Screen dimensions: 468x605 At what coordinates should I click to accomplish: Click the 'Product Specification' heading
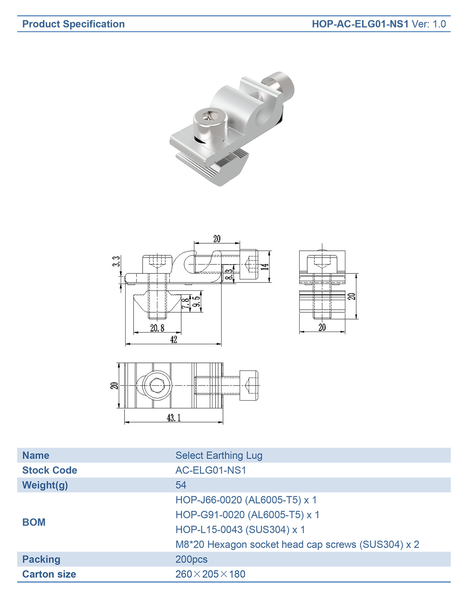coord(73,24)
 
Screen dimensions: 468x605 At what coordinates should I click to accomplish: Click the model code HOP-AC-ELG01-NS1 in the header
coord(360,24)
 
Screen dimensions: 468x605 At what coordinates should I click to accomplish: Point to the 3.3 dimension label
coord(117,261)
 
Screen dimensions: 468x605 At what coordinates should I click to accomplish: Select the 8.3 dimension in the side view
coord(229,274)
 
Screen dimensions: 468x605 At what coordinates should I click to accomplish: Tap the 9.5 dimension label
coord(196,301)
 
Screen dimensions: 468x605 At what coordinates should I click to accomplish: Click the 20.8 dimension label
coord(157,328)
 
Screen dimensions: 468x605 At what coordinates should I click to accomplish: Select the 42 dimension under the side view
coord(173,339)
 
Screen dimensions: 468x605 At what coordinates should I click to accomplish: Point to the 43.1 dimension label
coord(174,418)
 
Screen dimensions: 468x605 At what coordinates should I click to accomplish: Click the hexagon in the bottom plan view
coord(157,385)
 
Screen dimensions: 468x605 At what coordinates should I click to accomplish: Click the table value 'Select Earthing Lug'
coord(219,455)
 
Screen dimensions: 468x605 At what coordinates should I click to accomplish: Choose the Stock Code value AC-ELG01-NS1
coord(211,470)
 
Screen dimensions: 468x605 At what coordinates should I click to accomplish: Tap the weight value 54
coord(180,485)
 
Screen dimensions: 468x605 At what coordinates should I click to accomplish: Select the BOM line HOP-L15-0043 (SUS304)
coord(240,529)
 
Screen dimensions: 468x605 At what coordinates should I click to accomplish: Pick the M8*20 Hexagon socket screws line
coord(297,544)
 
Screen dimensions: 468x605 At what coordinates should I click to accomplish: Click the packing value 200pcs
coord(191,559)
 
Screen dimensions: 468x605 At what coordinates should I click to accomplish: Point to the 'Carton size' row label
coord(49,574)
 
